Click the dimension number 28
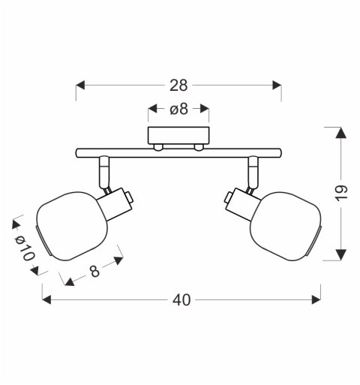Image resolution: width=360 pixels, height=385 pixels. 178,85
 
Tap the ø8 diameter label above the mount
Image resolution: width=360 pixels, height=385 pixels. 178,110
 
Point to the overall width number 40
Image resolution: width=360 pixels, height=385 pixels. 181,299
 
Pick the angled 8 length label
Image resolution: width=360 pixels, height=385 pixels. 94,272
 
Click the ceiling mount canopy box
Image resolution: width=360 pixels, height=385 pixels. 178,137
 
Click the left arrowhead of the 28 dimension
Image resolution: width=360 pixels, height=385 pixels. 82,85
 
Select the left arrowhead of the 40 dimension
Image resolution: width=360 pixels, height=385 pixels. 46,299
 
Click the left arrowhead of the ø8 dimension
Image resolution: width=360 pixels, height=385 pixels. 152,110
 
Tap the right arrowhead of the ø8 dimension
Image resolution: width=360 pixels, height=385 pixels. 204,110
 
